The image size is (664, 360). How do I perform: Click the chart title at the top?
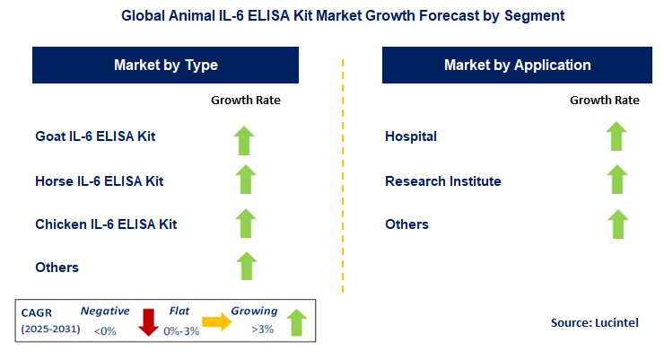(332, 16)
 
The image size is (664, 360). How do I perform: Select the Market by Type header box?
(165, 66)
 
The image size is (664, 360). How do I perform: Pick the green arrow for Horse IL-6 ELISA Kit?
(245, 180)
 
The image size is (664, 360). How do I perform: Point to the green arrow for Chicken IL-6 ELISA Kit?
(245, 224)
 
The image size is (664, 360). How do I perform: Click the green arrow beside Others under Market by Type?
(245, 266)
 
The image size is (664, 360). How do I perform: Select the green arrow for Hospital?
(616, 137)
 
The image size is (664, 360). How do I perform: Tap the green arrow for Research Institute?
(616, 180)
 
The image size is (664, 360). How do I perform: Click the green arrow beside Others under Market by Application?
(616, 224)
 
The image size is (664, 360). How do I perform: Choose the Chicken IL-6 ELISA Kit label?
(106, 224)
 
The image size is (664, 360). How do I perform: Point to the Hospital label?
(411, 136)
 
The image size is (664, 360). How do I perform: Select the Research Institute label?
(443, 180)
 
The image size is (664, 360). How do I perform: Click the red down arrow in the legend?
(148, 320)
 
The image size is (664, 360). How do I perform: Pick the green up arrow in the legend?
(296, 321)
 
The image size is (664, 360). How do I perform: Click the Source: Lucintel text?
(593, 321)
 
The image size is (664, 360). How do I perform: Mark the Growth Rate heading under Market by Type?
(246, 100)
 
